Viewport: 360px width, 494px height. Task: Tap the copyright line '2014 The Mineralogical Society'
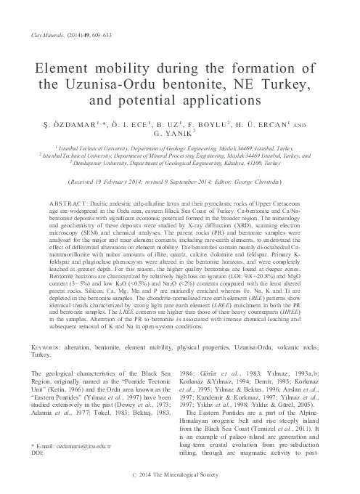click(185, 479)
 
